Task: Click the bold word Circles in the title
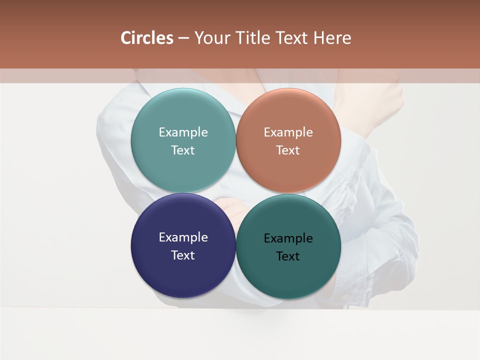147,38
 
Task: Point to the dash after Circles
183,38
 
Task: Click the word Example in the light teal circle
183,132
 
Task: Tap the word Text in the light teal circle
183,150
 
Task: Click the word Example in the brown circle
288,132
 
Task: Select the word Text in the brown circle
288,150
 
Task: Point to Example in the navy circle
183,237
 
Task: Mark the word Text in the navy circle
183,255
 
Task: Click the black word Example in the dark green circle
288,238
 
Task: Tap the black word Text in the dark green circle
288,256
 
